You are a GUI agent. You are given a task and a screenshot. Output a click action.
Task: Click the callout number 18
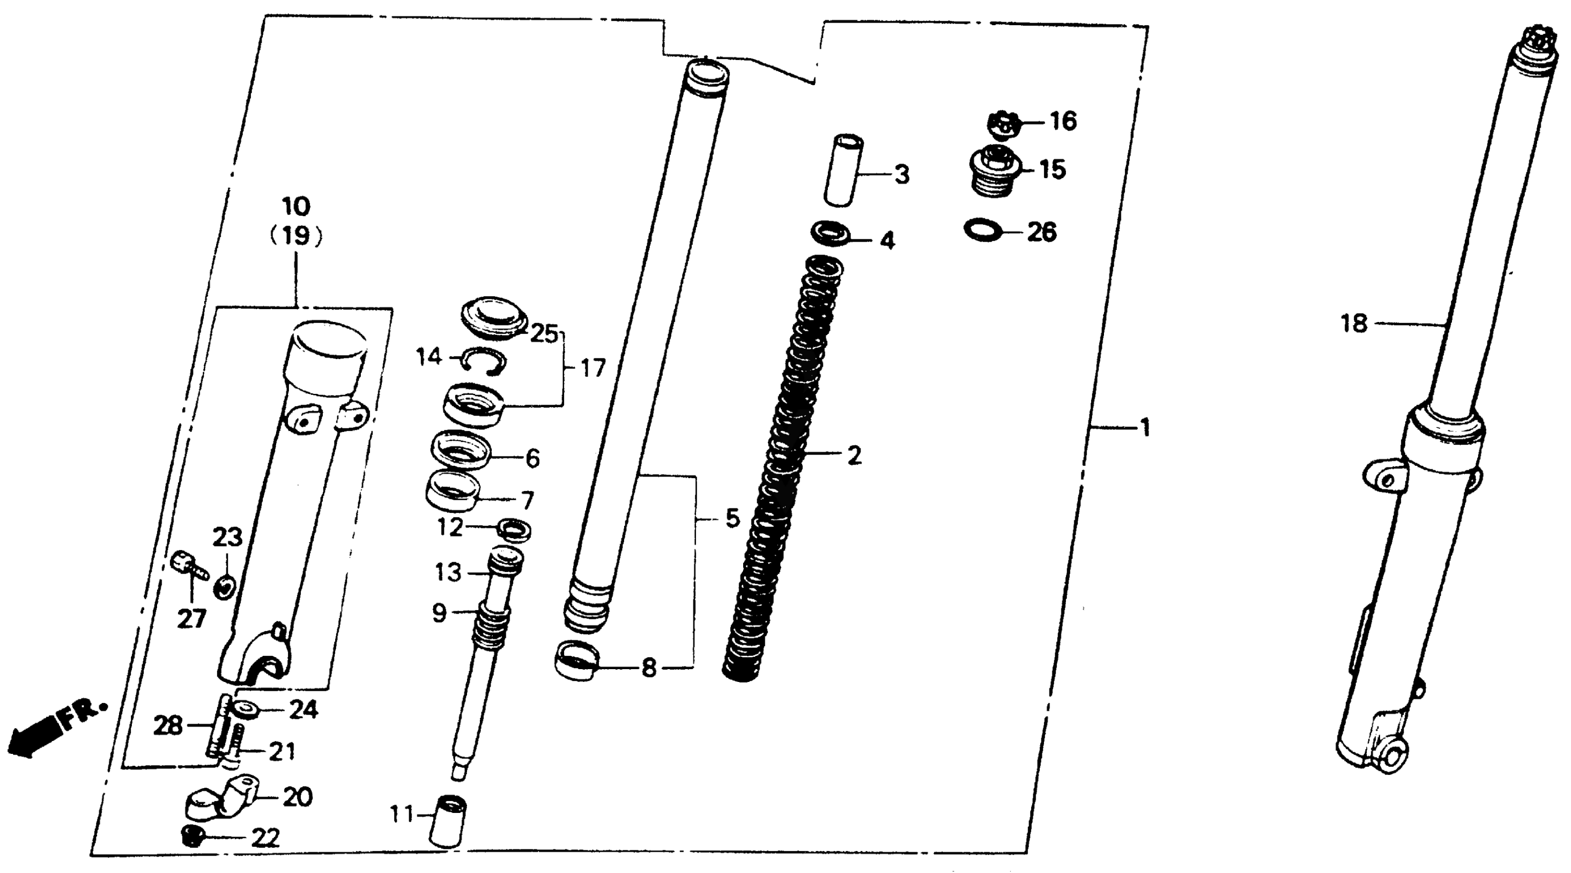click(x=1354, y=324)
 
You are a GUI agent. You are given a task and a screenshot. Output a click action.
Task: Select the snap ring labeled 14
click(x=483, y=360)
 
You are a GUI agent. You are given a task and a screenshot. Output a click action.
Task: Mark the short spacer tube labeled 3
click(x=843, y=171)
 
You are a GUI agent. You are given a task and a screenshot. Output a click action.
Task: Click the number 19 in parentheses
click(x=297, y=236)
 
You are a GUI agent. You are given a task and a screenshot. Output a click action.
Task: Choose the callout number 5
click(x=732, y=519)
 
